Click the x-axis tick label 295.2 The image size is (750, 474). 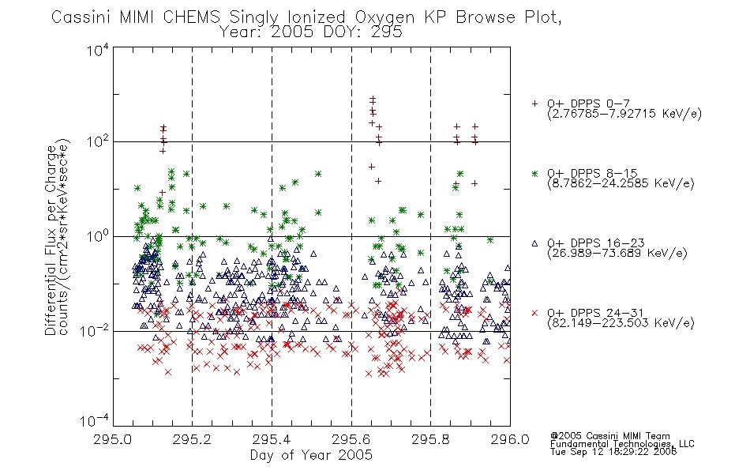(x=192, y=439)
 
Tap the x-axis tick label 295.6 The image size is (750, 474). (x=351, y=439)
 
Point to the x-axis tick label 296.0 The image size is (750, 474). (x=510, y=439)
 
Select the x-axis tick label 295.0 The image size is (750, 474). (x=112, y=439)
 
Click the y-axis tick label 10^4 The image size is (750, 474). (x=98, y=50)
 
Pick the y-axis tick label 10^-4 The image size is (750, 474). (x=95, y=420)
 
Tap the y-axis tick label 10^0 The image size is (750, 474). (x=98, y=236)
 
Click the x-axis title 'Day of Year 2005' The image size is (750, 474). (x=311, y=455)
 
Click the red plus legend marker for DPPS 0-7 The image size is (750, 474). (x=534, y=103)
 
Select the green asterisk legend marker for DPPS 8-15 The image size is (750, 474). (x=534, y=173)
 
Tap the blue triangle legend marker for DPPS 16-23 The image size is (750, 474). (x=534, y=243)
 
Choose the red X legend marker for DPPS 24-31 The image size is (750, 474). (x=534, y=313)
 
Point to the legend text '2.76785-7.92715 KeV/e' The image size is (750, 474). (x=624, y=114)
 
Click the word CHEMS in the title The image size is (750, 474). (x=191, y=17)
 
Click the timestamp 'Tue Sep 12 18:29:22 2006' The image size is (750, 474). (x=613, y=452)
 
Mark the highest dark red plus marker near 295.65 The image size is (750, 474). (x=373, y=98)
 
